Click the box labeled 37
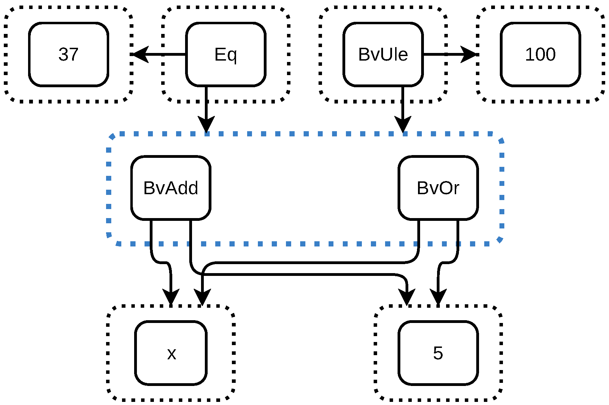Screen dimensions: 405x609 tap(69, 54)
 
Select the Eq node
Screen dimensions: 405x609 tap(226, 54)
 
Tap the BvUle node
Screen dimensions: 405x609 tap(383, 54)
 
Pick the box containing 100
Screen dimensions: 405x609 tap(540, 54)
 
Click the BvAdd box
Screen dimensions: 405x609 tap(171, 188)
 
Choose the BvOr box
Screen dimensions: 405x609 tap(438, 188)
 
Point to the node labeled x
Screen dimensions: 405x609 tap(171, 353)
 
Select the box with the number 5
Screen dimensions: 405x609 tap(438, 353)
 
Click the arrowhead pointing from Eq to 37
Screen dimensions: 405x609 tap(140, 54)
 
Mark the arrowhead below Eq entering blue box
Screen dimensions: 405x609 tap(206, 125)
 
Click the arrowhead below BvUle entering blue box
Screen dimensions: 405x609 tap(403, 125)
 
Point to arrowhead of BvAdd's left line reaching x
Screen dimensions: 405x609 tap(171, 297)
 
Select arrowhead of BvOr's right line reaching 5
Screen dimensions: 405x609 tap(438, 297)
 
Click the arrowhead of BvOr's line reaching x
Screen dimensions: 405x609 tap(202, 297)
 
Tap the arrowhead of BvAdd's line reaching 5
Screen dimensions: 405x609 tap(407, 297)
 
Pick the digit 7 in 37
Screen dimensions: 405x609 tap(74, 54)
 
